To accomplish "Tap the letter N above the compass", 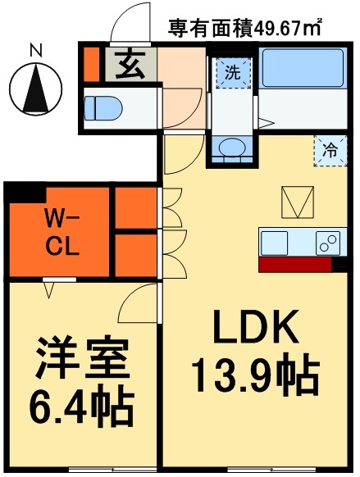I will (x=36, y=50).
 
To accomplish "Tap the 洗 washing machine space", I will (x=233, y=71).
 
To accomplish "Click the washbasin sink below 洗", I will (x=233, y=147).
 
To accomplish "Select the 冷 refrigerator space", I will (x=329, y=151).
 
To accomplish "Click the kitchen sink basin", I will (x=275, y=243).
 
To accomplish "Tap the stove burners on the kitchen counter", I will (x=328, y=243).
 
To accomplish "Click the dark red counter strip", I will (x=296, y=265).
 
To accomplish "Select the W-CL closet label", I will (x=62, y=232).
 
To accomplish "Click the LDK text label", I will (x=253, y=330).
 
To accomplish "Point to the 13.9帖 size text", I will (x=253, y=376).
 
